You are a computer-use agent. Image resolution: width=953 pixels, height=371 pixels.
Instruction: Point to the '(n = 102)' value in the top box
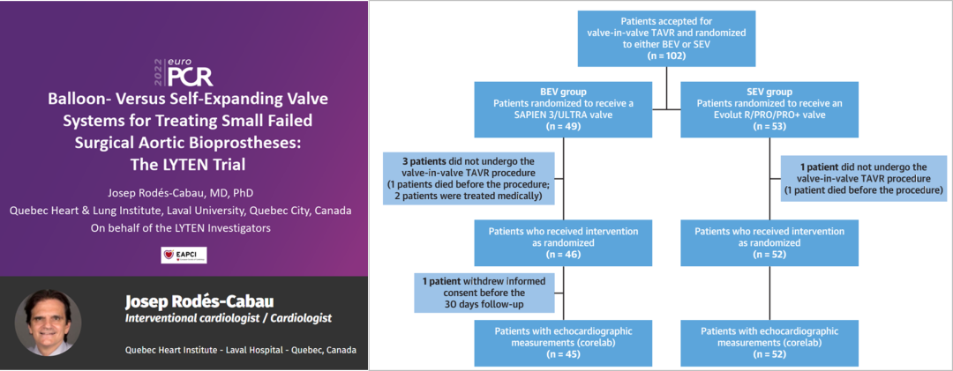[665, 56]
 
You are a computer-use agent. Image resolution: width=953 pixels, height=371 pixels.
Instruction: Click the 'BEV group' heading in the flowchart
[563, 92]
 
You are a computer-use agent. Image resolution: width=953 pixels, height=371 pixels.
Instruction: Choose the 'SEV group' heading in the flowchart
[769, 92]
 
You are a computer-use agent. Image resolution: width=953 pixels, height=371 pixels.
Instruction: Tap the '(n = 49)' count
[563, 126]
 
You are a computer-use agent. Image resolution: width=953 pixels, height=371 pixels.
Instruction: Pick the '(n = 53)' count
[769, 126]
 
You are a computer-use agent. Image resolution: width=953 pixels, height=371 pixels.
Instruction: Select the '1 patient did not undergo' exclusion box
[866, 178]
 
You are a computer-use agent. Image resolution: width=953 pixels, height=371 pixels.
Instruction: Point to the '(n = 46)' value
[563, 254]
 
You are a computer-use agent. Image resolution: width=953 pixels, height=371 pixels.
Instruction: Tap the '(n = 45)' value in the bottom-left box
[563, 353]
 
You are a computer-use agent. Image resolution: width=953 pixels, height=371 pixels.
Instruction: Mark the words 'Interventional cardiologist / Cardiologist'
[230, 317]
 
